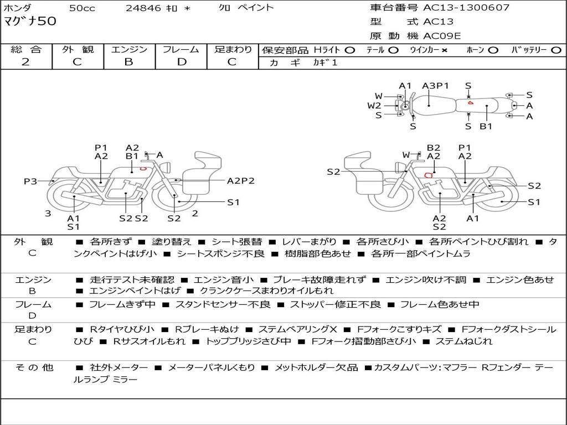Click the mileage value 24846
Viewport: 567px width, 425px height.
point(143,8)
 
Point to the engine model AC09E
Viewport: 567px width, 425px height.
point(442,36)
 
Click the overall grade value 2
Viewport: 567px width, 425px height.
point(25,62)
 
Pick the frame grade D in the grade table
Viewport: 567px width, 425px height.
point(182,62)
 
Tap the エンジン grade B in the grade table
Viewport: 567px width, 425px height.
point(128,62)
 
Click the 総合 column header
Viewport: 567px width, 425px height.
point(25,50)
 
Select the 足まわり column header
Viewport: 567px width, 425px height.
point(233,50)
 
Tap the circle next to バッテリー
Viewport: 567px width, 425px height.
point(556,50)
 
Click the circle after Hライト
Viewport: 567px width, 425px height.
point(350,50)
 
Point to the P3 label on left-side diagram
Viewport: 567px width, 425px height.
point(30,181)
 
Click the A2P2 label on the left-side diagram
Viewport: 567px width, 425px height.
point(241,180)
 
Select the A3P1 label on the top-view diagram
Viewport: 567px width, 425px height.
point(435,86)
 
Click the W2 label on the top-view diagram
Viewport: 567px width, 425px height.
point(374,105)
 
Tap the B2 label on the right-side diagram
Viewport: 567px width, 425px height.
point(433,148)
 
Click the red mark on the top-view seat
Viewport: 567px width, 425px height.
point(470,102)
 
